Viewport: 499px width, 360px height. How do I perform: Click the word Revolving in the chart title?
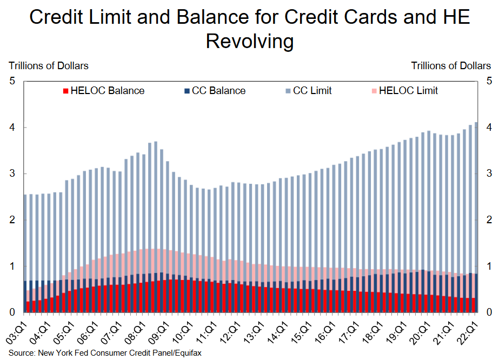[250, 41]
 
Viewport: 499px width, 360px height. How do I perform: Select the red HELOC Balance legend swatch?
[66, 91]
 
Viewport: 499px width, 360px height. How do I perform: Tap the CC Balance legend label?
[218, 91]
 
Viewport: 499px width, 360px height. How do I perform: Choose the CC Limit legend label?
[312, 91]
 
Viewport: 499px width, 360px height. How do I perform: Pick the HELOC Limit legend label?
[408, 91]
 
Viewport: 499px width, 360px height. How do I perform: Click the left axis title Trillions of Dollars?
[49, 65]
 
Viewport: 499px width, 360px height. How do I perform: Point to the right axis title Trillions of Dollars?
[451, 65]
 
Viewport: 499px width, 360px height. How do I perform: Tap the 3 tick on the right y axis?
[488, 174]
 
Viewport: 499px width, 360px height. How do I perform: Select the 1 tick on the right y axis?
[488, 266]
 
